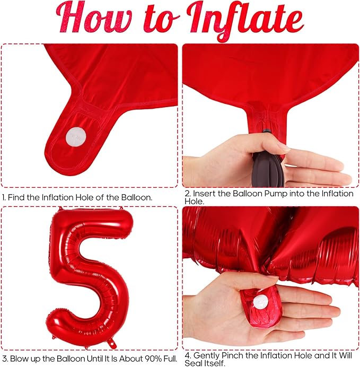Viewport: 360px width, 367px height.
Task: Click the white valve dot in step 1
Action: point(76,137)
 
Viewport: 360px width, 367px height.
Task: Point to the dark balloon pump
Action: point(268,162)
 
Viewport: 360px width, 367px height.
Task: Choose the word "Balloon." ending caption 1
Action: point(137,197)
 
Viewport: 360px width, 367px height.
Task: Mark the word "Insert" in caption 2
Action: point(205,194)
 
